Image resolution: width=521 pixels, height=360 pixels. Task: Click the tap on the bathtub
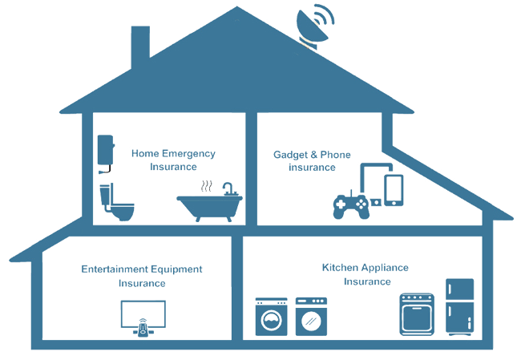tap(228, 188)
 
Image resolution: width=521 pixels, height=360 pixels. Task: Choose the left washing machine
tap(270, 318)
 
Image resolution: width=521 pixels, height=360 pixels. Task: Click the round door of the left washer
tap(270, 322)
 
